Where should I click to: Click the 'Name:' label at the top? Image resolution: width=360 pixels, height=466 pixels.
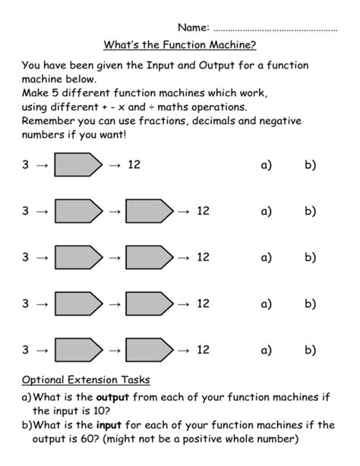coord(194,28)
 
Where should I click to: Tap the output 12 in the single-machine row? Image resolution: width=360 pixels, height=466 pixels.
coord(134,164)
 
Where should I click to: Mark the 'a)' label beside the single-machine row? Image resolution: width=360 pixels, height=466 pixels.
coord(266,164)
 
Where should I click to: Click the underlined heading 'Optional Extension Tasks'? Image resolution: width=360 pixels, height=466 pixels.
coord(86,379)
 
